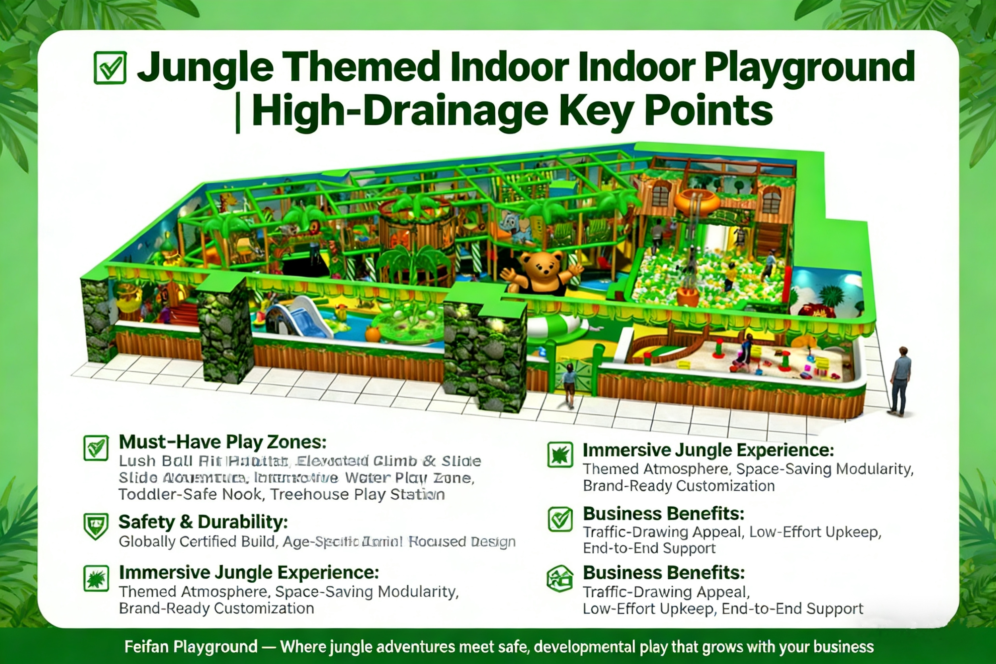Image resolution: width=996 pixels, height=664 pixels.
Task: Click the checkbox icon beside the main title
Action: tap(110, 68)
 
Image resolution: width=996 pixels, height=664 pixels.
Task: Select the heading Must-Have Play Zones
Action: tap(223, 442)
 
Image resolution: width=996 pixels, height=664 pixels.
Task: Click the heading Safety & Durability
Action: tap(203, 522)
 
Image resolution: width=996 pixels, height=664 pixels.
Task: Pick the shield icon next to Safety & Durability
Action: tap(96, 525)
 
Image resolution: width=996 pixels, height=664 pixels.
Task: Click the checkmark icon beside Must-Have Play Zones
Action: tap(96, 448)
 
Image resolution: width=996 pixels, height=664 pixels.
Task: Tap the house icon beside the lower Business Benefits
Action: tap(560, 578)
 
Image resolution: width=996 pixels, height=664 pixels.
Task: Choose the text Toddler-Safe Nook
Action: tap(191, 494)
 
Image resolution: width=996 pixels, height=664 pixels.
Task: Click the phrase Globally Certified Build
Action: tap(197, 542)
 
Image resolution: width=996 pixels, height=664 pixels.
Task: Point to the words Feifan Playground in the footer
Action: tap(191, 647)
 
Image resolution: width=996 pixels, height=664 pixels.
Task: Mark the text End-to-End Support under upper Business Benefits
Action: tap(649, 548)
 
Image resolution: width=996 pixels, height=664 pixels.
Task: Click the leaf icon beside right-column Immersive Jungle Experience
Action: tap(560, 454)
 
